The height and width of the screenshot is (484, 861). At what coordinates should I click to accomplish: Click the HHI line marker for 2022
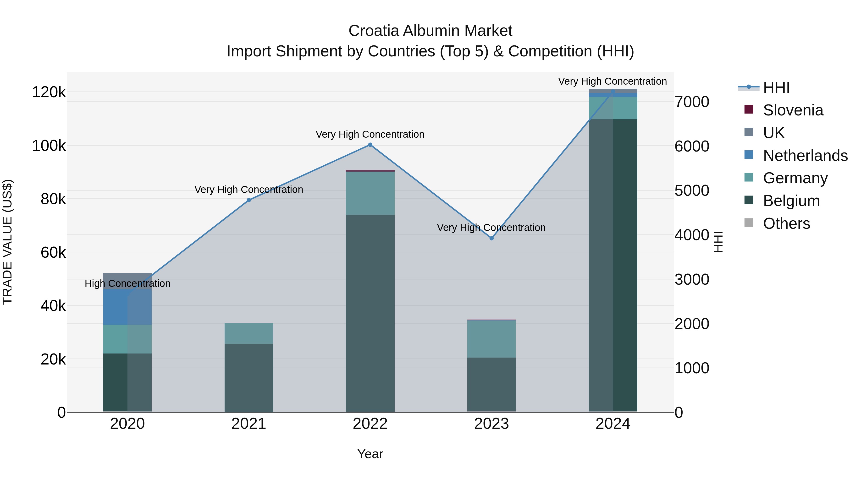pos(370,145)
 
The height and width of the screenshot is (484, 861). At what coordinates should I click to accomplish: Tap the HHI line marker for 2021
pos(249,200)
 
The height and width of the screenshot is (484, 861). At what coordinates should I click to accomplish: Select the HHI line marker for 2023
pos(491,238)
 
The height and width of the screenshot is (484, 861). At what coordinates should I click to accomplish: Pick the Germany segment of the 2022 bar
pos(370,193)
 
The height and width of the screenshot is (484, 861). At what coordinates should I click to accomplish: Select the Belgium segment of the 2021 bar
pos(249,377)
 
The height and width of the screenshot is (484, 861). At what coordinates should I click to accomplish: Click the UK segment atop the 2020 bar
pos(127,278)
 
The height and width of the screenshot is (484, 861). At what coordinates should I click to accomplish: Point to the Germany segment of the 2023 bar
pos(491,339)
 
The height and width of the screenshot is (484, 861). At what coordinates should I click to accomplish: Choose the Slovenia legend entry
pos(793,110)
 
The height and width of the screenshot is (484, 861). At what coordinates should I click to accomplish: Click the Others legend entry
pos(786,223)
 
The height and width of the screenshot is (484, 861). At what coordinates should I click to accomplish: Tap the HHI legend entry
pos(776,87)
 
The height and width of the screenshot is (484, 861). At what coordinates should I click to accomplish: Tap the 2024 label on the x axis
pos(613,424)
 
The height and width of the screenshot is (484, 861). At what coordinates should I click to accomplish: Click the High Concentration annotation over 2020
pos(127,283)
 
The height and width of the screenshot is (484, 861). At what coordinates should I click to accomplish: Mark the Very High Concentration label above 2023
pos(491,228)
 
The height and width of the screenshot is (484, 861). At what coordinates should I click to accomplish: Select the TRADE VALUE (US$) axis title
pos(7,242)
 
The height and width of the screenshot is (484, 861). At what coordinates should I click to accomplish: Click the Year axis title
pos(370,454)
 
